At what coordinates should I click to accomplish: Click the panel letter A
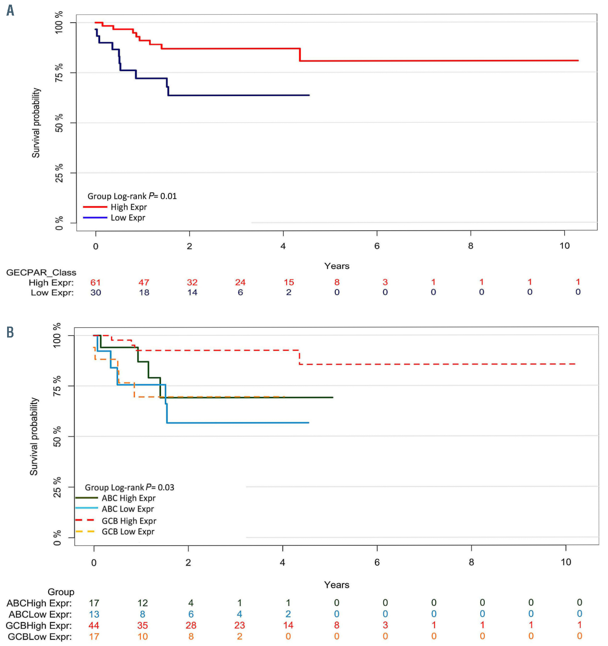[11, 10]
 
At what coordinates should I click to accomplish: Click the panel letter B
[10, 332]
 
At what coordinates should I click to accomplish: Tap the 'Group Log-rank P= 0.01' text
[132, 196]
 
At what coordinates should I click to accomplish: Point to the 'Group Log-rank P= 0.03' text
[129, 488]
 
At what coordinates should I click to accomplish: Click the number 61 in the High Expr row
[95, 283]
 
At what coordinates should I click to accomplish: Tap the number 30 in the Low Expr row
[95, 293]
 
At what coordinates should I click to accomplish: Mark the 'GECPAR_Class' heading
[41, 272]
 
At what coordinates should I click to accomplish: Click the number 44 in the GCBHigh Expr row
[94, 625]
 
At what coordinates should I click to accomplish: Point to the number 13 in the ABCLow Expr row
[94, 614]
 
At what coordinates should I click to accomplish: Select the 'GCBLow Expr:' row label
[40, 637]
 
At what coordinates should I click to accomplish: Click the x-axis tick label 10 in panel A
[564, 246]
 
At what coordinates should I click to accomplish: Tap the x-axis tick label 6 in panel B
[377, 562]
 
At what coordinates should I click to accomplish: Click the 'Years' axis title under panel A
[336, 266]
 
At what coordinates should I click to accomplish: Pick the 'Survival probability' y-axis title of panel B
[34, 436]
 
